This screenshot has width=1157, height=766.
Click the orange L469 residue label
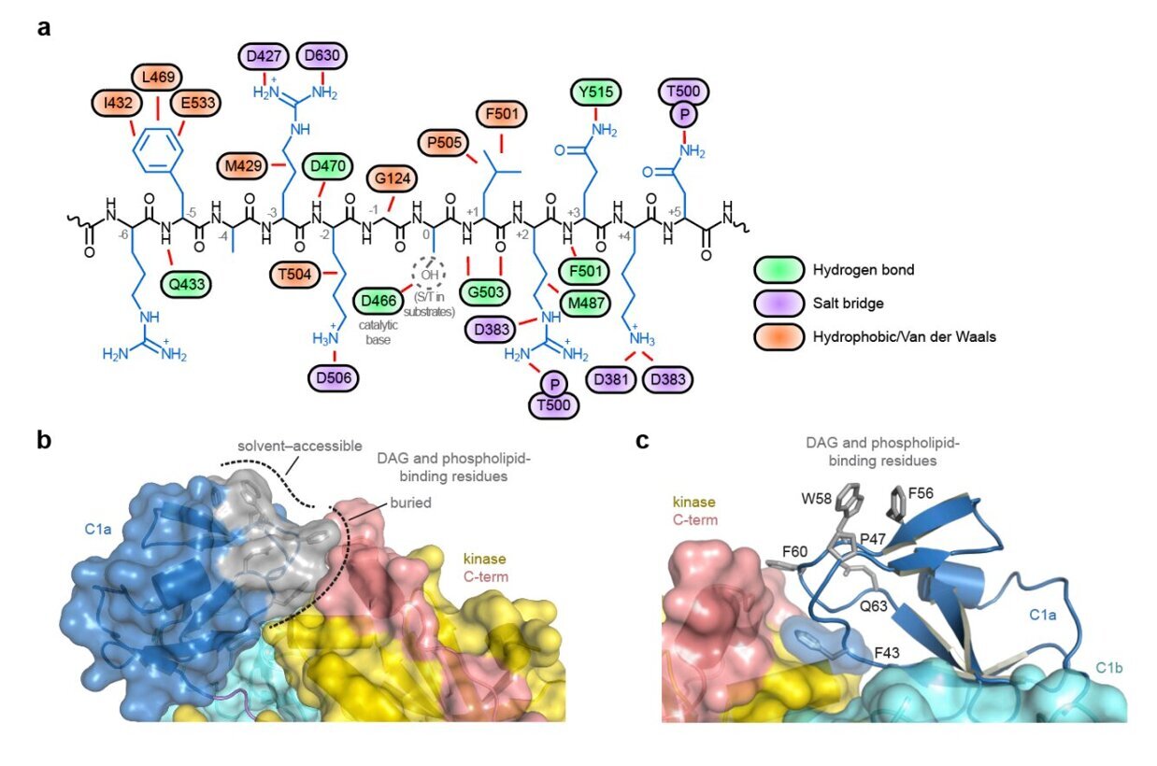[158, 78]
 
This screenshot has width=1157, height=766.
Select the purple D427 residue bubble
[264, 56]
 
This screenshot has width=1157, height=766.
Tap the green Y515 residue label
[596, 92]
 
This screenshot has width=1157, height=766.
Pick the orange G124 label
[393, 179]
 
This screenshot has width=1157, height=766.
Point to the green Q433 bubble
[187, 284]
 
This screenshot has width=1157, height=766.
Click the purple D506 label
[334, 378]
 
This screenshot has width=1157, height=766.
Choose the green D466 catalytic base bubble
[379, 301]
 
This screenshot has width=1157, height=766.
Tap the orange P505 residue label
[444, 143]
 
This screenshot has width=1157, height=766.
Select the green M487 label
[586, 304]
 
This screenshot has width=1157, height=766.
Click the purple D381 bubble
[611, 380]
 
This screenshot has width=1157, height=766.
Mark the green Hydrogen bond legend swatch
[778, 270]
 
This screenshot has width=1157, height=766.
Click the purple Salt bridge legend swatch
[778, 304]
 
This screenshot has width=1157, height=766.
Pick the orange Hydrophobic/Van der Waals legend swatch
[778, 337]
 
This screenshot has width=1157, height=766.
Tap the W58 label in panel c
[816, 499]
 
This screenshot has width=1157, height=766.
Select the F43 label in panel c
[887, 653]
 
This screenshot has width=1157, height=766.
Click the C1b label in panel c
[1109, 669]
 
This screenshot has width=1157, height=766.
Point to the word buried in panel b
[410, 503]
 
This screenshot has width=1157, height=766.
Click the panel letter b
[45, 440]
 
